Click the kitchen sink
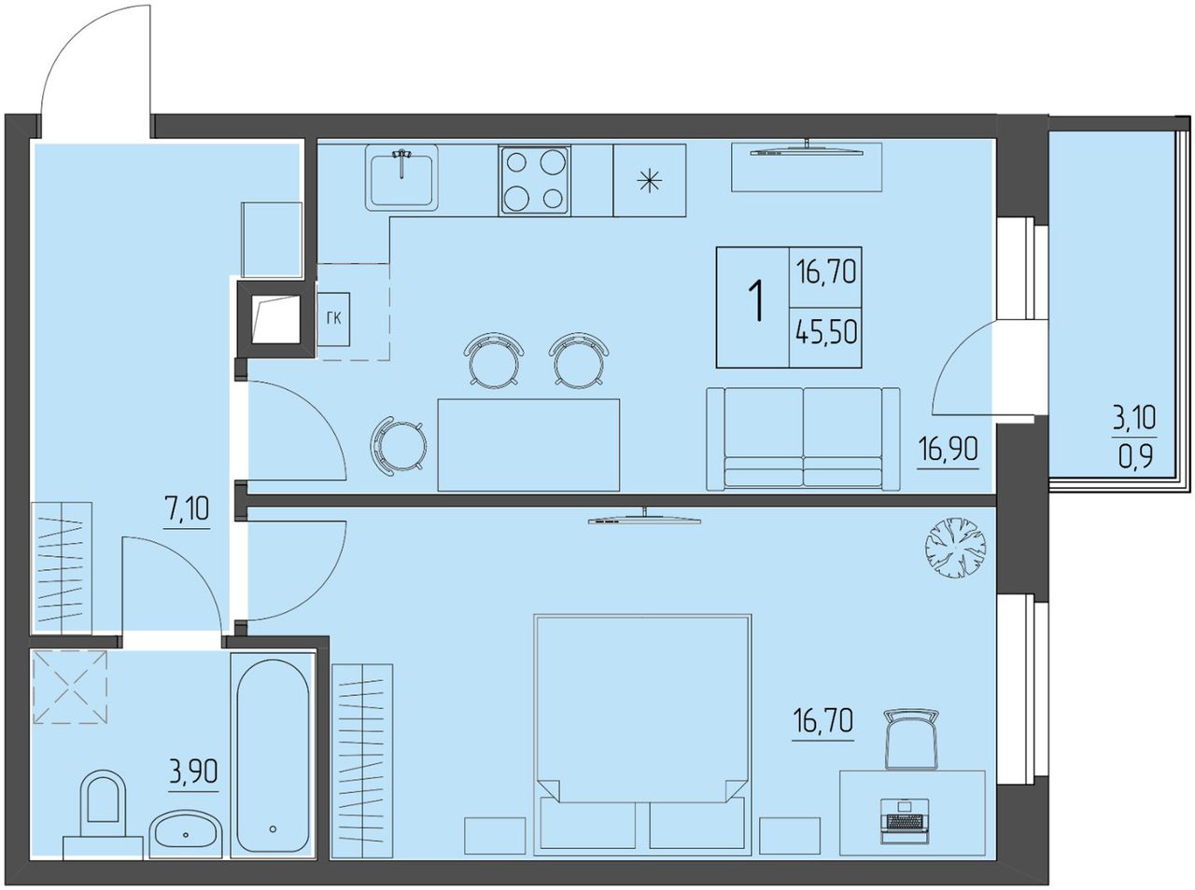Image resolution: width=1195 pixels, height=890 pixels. click(x=401, y=177)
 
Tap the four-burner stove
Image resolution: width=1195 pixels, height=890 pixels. click(x=535, y=180)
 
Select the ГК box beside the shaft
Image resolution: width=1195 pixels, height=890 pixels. click(x=333, y=319)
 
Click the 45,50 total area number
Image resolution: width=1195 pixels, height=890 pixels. click(x=826, y=332)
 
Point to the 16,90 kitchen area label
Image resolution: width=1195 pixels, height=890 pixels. click(x=948, y=451)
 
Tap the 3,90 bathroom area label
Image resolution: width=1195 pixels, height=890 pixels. click(x=193, y=772)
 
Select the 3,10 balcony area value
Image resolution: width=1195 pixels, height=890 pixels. click(x=1134, y=420)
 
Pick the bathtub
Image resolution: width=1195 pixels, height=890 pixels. click(x=273, y=756)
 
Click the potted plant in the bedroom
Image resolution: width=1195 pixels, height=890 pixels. click(x=955, y=548)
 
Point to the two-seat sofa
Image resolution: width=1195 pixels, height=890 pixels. click(x=803, y=439)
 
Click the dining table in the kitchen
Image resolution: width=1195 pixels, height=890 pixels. click(x=528, y=445)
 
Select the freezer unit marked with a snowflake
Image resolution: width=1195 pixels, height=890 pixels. click(x=650, y=180)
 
